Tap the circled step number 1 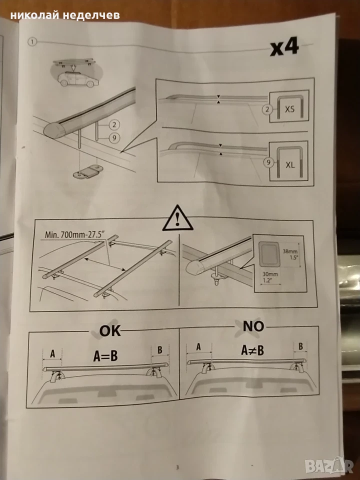tap(32, 41)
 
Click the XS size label tap(289, 108)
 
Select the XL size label tap(290, 165)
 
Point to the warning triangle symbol tap(177, 218)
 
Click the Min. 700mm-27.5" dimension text tap(74, 234)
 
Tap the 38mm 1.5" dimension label tap(290, 254)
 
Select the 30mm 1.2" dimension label tap(270, 277)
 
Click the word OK tap(110, 331)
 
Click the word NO tap(253, 326)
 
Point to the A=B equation tap(105, 356)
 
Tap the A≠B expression tap(252, 350)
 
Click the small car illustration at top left tap(78, 79)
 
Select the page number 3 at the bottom tap(177, 467)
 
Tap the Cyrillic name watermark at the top tap(65, 15)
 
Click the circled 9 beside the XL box tap(268, 162)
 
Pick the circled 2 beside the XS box tap(267, 109)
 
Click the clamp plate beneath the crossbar tap(88, 171)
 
